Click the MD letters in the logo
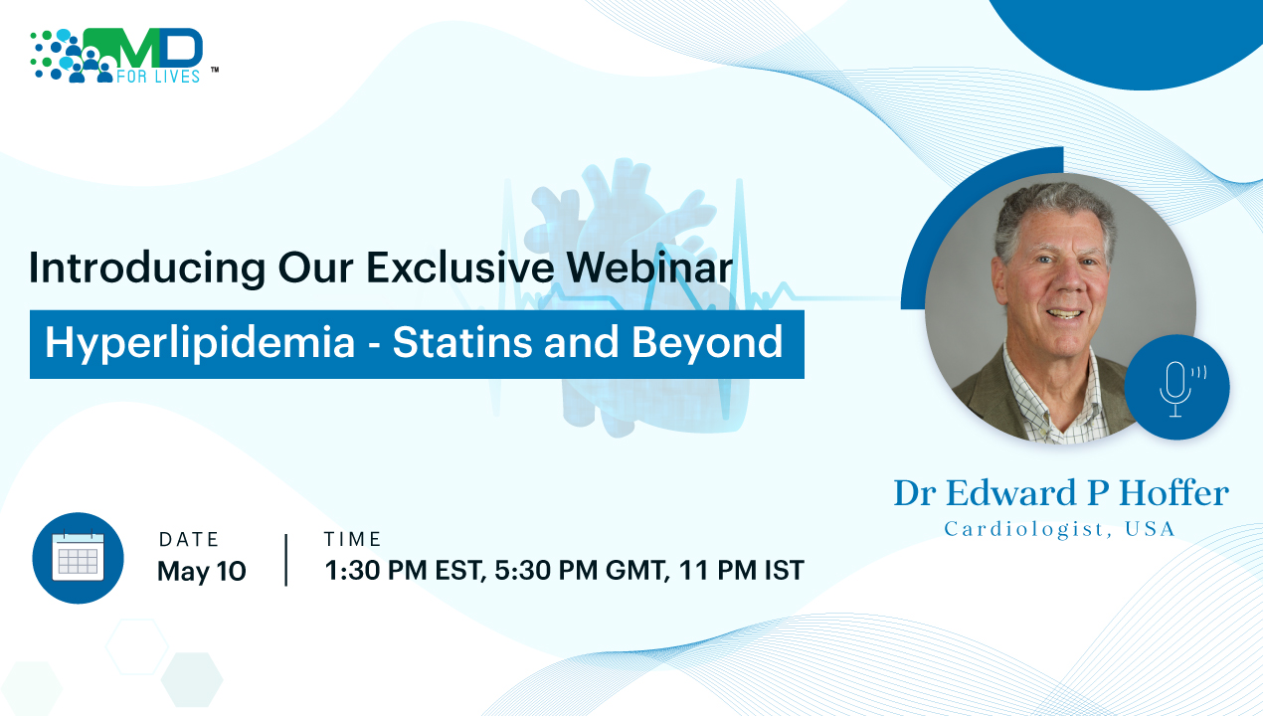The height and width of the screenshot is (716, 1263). pos(143,49)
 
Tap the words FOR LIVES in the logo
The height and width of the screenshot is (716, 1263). pos(158,77)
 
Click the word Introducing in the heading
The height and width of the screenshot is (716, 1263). pos(147,268)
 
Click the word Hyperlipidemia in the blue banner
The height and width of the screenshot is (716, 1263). pos(200,343)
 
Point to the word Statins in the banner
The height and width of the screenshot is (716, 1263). pos(462,342)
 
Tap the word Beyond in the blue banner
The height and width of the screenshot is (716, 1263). pos(707,343)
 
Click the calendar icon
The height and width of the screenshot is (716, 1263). pos(78,558)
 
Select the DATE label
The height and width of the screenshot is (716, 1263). pos(188,540)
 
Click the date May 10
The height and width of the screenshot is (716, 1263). pos(201,571)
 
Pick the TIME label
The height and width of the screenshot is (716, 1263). pos(353,539)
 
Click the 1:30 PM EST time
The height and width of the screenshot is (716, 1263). pos(405,570)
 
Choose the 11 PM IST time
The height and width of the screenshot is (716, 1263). pos(742,570)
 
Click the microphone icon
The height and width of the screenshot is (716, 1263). pos(1177,388)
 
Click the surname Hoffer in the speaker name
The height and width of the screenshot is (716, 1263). pos(1173,493)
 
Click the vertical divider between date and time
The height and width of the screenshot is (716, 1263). pos(286,560)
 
